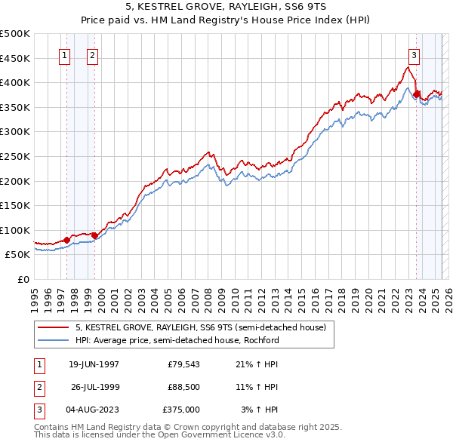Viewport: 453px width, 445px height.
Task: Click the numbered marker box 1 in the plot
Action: (64, 54)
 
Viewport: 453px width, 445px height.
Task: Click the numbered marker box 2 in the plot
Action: (92, 54)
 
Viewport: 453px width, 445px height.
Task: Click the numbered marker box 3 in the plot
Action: (414, 54)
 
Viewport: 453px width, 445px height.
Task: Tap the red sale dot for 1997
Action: (66, 240)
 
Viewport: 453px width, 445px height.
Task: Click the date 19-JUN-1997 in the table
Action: (94, 364)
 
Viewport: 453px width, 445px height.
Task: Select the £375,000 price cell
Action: (181, 410)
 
